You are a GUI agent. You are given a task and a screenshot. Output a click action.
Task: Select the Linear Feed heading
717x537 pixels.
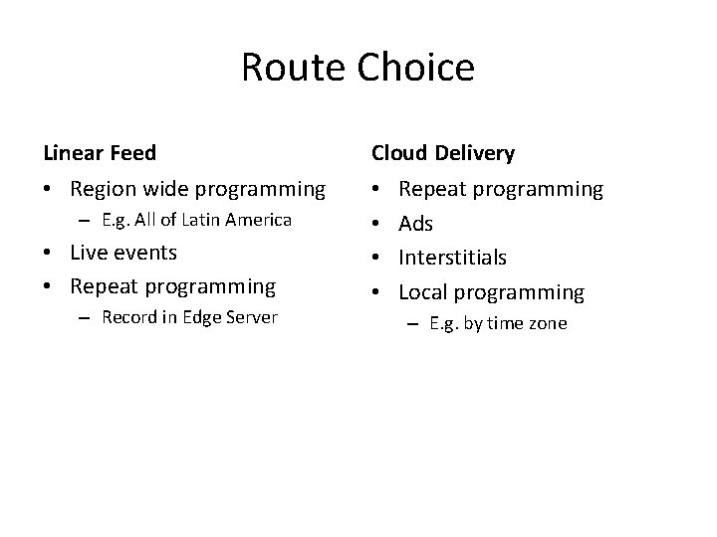tap(100, 152)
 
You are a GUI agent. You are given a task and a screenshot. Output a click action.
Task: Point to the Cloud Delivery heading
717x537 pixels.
tap(443, 152)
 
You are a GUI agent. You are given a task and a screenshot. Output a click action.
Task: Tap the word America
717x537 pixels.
tap(257, 220)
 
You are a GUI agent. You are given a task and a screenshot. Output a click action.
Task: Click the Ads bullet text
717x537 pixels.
tap(415, 224)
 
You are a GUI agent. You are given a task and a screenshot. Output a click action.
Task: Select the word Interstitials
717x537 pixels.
tap(452, 258)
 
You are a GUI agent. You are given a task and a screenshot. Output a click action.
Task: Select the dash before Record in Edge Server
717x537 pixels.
tap(87, 318)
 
